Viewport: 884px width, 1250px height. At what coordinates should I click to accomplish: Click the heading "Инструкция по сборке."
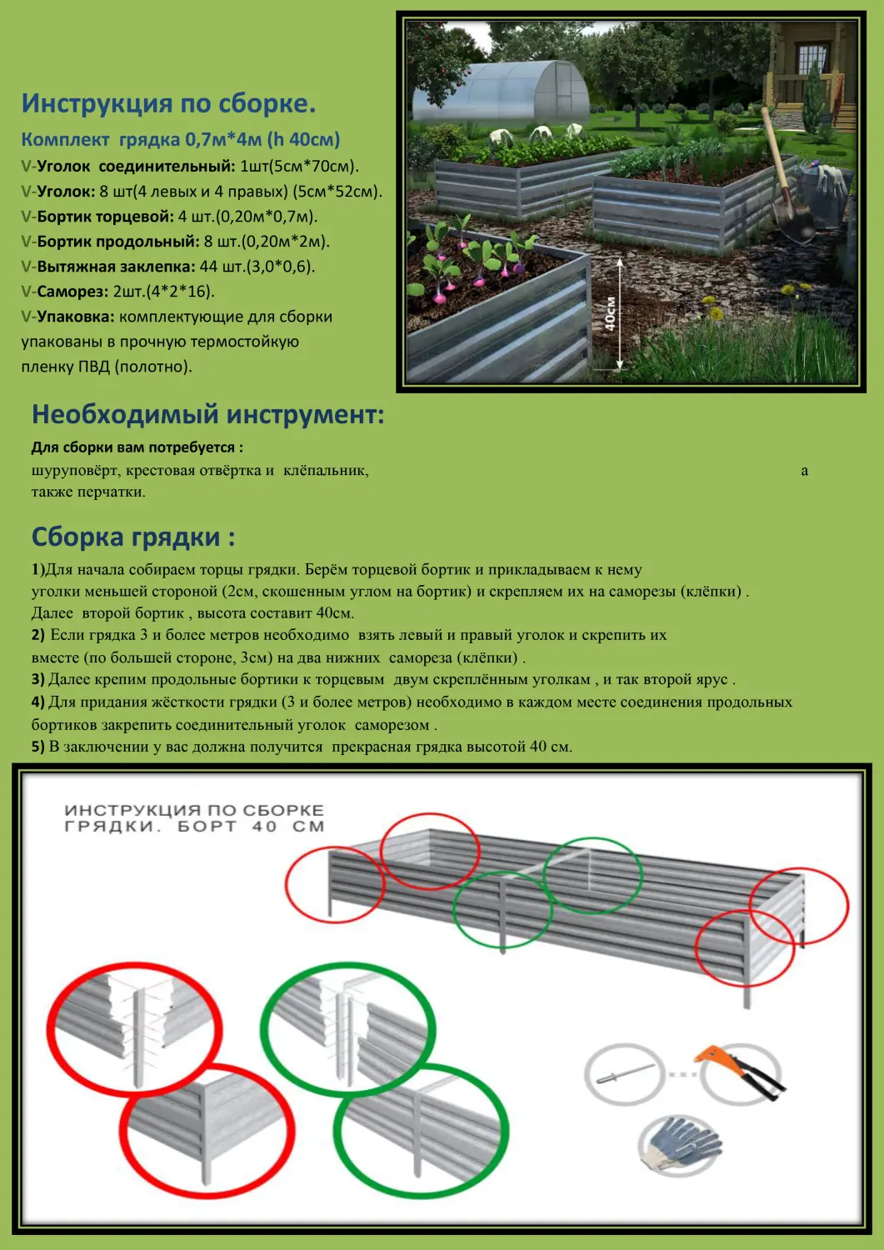(x=168, y=103)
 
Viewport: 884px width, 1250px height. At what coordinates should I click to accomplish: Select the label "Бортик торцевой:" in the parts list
(x=106, y=217)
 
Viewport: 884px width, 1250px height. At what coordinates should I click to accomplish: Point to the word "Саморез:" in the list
(x=72, y=292)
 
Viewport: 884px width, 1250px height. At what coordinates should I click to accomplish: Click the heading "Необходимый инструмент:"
(x=207, y=414)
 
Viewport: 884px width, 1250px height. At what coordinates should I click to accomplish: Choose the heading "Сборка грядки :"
(x=133, y=537)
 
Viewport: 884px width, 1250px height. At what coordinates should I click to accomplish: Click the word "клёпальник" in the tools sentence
(x=325, y=471)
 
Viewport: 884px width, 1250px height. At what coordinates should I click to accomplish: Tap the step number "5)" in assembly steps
(x=38, y=747)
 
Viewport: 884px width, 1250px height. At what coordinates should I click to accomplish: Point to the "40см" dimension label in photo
(x=610, y=313)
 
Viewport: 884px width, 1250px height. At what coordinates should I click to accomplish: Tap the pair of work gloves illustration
(x=682, y=1142)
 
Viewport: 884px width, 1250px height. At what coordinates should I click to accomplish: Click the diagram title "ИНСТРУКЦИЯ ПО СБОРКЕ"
(x=194, y=810)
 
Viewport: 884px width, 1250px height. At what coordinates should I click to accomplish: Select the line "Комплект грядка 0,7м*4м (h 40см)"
(x=181, y=139)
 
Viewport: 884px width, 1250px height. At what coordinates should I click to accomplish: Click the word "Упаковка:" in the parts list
(x=75, y=317)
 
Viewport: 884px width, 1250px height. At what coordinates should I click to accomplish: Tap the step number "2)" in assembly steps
(x=38, y=635)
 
